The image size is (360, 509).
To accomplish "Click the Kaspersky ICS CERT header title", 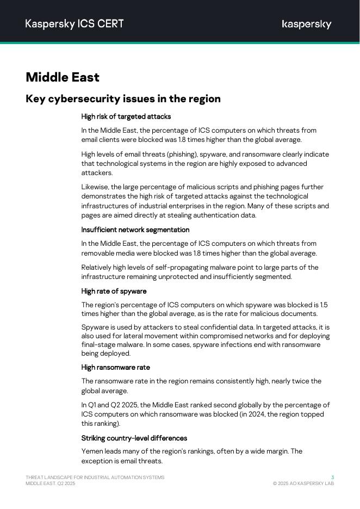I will [75, 24].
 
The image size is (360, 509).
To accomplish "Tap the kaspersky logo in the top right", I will [307, 24].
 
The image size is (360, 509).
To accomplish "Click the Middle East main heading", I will [63, 77].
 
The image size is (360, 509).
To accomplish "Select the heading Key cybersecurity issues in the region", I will [123, 99].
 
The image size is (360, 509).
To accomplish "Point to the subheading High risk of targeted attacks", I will [126, 116].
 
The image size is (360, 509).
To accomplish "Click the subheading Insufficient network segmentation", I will [135, 229].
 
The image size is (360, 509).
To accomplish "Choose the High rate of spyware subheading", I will [114, 291].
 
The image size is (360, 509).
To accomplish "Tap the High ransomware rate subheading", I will [116, 367].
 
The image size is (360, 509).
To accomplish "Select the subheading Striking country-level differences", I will [134, 438].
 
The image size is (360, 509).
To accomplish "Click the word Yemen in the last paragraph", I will [91, 451].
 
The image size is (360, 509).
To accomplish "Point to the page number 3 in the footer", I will [332, 477].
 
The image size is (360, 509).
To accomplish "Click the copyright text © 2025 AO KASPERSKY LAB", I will [303, 483].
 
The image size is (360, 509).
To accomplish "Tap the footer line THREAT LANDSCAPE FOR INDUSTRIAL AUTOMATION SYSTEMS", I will [95, 477].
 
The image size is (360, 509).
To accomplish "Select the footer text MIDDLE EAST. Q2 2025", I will [51, 483].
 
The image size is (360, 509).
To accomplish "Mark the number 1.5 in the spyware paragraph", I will [324, 305].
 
